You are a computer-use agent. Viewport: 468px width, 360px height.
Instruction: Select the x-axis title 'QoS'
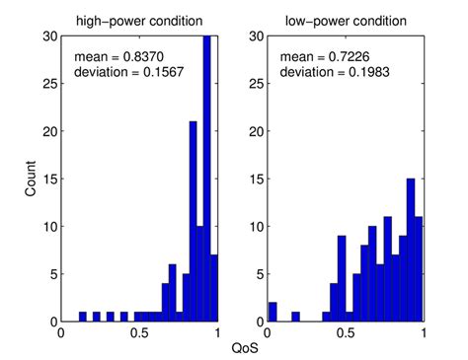click(x=241, y=348)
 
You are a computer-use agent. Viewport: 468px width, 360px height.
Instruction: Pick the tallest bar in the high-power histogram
click(x=206, y=178)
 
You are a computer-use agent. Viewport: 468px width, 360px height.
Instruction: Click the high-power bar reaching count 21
click(x=193, y=222)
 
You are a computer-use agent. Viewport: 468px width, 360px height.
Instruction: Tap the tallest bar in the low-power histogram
click(x=410, y=251)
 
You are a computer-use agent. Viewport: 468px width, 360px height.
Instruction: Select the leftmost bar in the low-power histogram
click(x=273, y=313)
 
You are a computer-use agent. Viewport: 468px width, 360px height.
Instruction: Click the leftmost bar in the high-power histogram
click(x=83, y=318)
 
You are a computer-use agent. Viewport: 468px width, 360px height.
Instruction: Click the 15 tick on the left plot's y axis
click(x=50, y=179)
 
